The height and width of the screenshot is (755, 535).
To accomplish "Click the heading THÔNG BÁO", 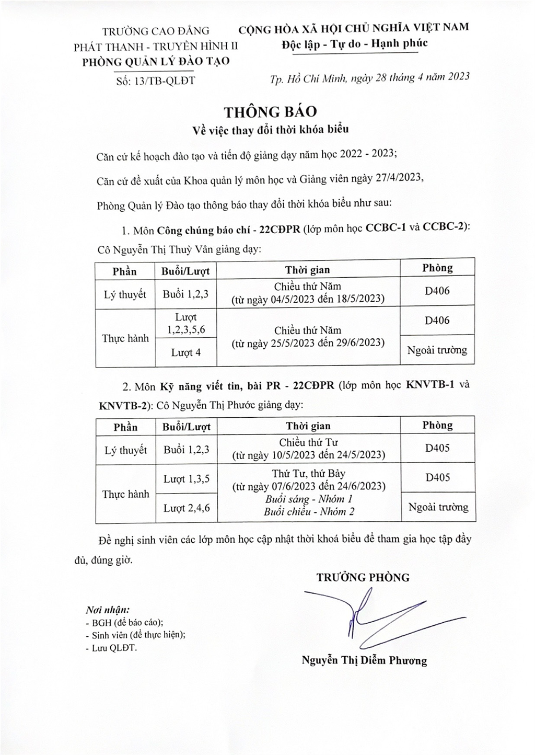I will [x=270, y=112].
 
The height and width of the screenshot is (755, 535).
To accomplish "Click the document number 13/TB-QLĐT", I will [x=156, y=81].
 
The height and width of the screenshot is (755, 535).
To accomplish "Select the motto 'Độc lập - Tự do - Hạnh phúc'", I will [x=354, y=43].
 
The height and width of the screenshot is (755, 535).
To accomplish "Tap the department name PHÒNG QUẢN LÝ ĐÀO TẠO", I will [x=156, y=61].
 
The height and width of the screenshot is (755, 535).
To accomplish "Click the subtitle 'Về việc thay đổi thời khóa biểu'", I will [x=270, y=129].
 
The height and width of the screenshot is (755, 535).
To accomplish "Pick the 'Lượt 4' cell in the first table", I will [x=185, y=352].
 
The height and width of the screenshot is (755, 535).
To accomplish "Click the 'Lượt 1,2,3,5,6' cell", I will [x=185, y=323].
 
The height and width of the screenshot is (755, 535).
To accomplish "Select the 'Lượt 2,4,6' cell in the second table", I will [x=187, y=507].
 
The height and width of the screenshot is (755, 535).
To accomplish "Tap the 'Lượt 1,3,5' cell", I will [x=187, y=478].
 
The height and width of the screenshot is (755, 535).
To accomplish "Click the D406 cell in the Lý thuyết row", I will [x=437, y=291].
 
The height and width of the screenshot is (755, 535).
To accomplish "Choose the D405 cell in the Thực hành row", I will [x=437, y=477].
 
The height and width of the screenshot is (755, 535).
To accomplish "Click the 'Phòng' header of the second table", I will [x=437, y=425].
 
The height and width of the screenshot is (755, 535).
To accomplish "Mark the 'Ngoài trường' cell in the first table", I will [x=437, y=350].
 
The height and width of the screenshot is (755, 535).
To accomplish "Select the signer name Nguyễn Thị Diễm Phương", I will [x=364, y=660].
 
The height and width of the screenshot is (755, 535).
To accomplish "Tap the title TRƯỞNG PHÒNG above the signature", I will [x=363, y=577].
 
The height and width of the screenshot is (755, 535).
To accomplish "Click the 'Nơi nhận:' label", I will [x=107, y=610].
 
